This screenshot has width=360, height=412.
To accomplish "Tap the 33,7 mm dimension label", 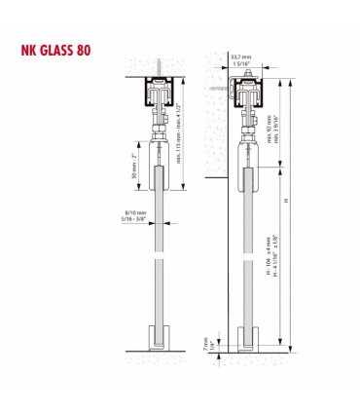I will point(240,57).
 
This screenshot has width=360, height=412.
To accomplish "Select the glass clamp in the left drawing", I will point(157,167).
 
